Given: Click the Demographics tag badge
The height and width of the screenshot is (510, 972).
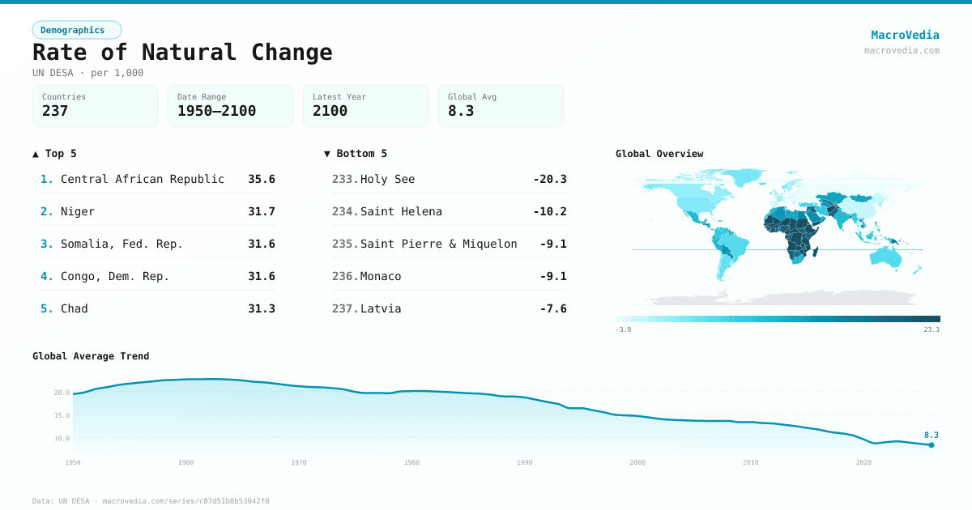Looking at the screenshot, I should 76,30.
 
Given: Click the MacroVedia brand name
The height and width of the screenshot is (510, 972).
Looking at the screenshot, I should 905,35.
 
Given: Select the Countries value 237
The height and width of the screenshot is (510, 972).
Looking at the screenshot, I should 55,111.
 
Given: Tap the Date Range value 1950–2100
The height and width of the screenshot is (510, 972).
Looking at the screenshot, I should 216,111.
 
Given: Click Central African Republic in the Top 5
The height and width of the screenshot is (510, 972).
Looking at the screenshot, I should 143,179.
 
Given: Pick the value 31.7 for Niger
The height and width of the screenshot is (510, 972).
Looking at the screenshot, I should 261,211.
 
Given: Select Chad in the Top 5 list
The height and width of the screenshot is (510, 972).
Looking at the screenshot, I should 75,308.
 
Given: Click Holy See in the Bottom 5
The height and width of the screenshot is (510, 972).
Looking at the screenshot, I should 387,179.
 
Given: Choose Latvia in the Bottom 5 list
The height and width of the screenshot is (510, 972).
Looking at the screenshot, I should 381,308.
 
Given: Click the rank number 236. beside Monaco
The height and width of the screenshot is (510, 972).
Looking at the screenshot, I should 345,276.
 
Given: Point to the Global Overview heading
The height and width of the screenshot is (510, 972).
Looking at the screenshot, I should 659,154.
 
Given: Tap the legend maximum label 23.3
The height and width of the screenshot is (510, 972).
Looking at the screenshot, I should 932,329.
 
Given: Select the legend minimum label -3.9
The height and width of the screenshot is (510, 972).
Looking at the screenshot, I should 623,329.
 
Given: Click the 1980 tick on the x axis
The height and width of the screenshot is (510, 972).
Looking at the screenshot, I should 411,462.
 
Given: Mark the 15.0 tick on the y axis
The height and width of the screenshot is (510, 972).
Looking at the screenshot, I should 62,415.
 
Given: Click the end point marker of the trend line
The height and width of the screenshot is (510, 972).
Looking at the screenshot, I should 932,444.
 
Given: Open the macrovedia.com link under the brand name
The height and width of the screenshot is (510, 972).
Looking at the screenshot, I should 902,50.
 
